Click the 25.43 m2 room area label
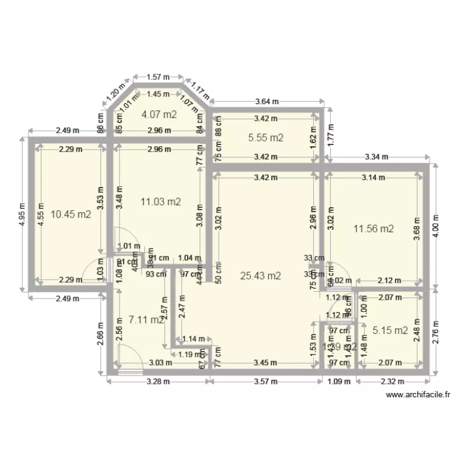coord(260,275)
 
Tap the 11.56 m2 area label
coord(374,229)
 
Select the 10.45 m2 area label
coord(71,214)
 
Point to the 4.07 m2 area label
coord(158,114)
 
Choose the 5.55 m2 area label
coord(266,138)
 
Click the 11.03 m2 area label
coord(161,201)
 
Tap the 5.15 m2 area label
coord(389,331)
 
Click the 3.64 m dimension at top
coord(266,101)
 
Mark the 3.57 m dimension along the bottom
coord(266,382)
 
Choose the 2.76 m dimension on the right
coord(434,332)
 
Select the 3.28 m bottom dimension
coord(158,382)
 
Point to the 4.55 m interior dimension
coord(40,214)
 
